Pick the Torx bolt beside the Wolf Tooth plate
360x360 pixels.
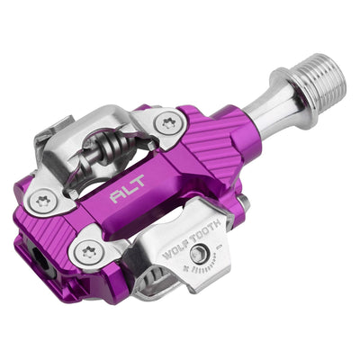(87, 252)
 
